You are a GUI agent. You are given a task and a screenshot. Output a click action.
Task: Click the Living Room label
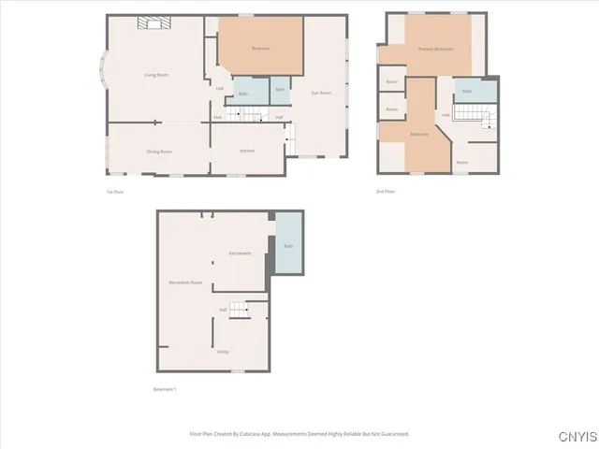(155, 74)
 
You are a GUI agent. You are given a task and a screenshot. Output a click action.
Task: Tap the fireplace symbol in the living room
(150, 22)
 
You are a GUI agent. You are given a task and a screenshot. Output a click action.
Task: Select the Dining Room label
(158, 152)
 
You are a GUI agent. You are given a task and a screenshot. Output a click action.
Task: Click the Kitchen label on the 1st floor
(247, 151)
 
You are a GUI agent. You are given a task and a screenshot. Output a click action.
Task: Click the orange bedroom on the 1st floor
(260, 48)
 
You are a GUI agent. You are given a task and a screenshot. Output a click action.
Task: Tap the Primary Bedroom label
(436, 49)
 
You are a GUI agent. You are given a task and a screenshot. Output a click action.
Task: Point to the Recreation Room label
(185, 282)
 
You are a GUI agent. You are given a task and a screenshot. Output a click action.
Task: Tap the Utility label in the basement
(223, 352)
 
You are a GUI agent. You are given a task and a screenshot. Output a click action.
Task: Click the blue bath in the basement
(288, 245)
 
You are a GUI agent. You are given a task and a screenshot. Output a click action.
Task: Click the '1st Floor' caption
(115, 192)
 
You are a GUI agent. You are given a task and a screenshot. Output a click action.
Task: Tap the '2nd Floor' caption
(385, 192)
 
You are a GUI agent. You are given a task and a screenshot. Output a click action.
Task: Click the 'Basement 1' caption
(164, 389)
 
